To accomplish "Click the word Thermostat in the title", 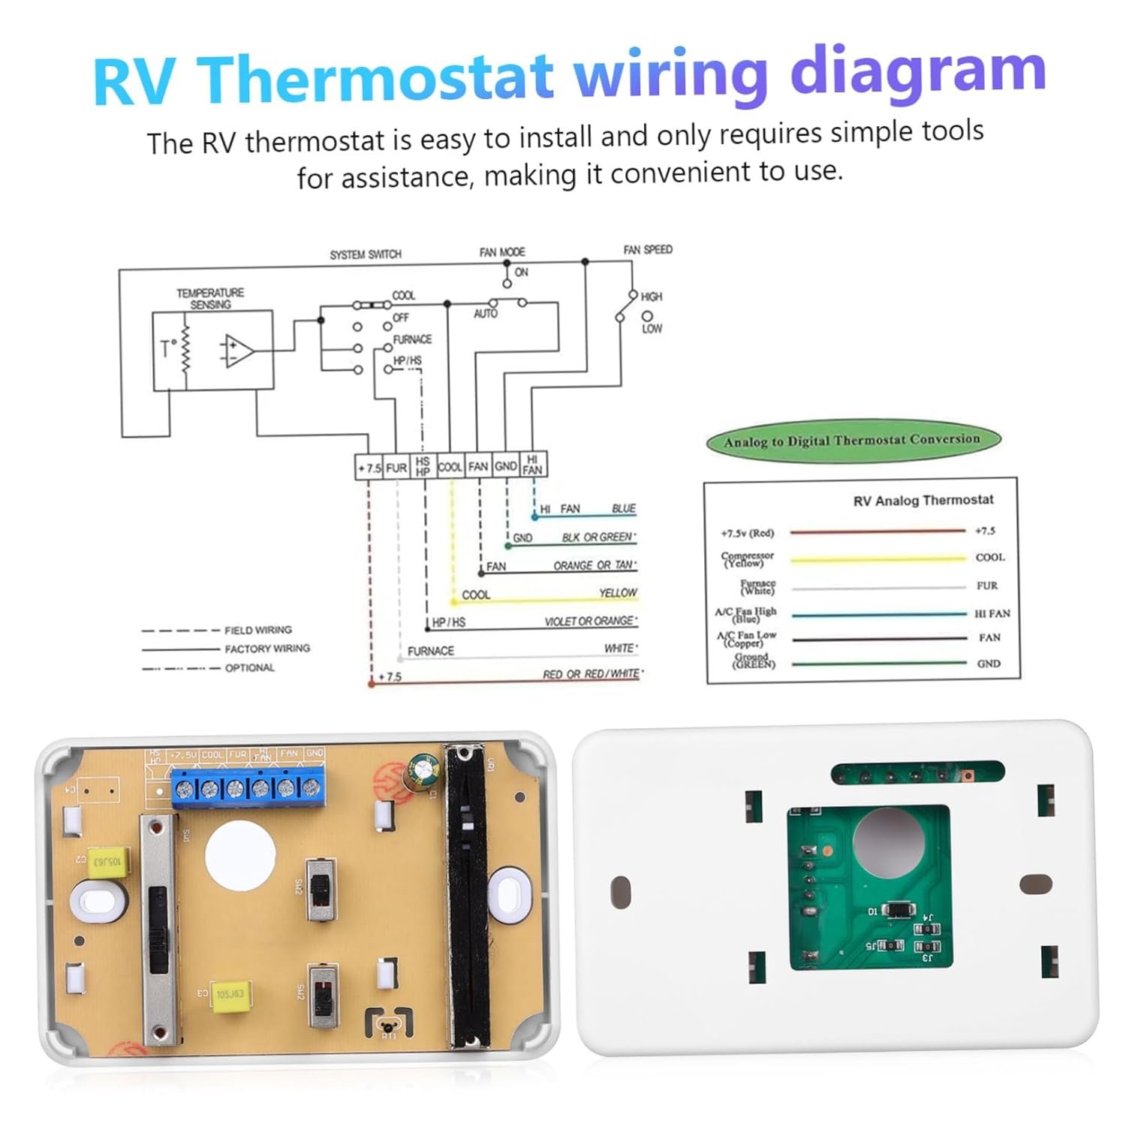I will click(377, 77).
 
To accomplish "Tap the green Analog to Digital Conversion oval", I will click(853, 441).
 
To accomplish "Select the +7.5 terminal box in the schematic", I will click(369, 467).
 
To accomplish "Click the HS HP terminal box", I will click(423, 466).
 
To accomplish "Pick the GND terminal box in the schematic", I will click(506, 466).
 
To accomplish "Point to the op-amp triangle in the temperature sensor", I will click(238, 351).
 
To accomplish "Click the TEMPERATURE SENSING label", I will click(210, 298).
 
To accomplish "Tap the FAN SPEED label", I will click(648, 249).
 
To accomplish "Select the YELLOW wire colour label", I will click(618, 593).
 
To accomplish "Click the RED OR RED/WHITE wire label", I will click(592, 674).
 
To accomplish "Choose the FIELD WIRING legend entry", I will click(257, 630).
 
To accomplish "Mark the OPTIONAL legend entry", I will click(249, 667).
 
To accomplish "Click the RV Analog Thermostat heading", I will click(923, 500).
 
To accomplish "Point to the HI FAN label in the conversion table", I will click(992, 613).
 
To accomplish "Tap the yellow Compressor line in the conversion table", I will click(878, 559).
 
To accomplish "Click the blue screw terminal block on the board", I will click(248, 788).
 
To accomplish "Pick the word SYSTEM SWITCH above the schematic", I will click(366, 254).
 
